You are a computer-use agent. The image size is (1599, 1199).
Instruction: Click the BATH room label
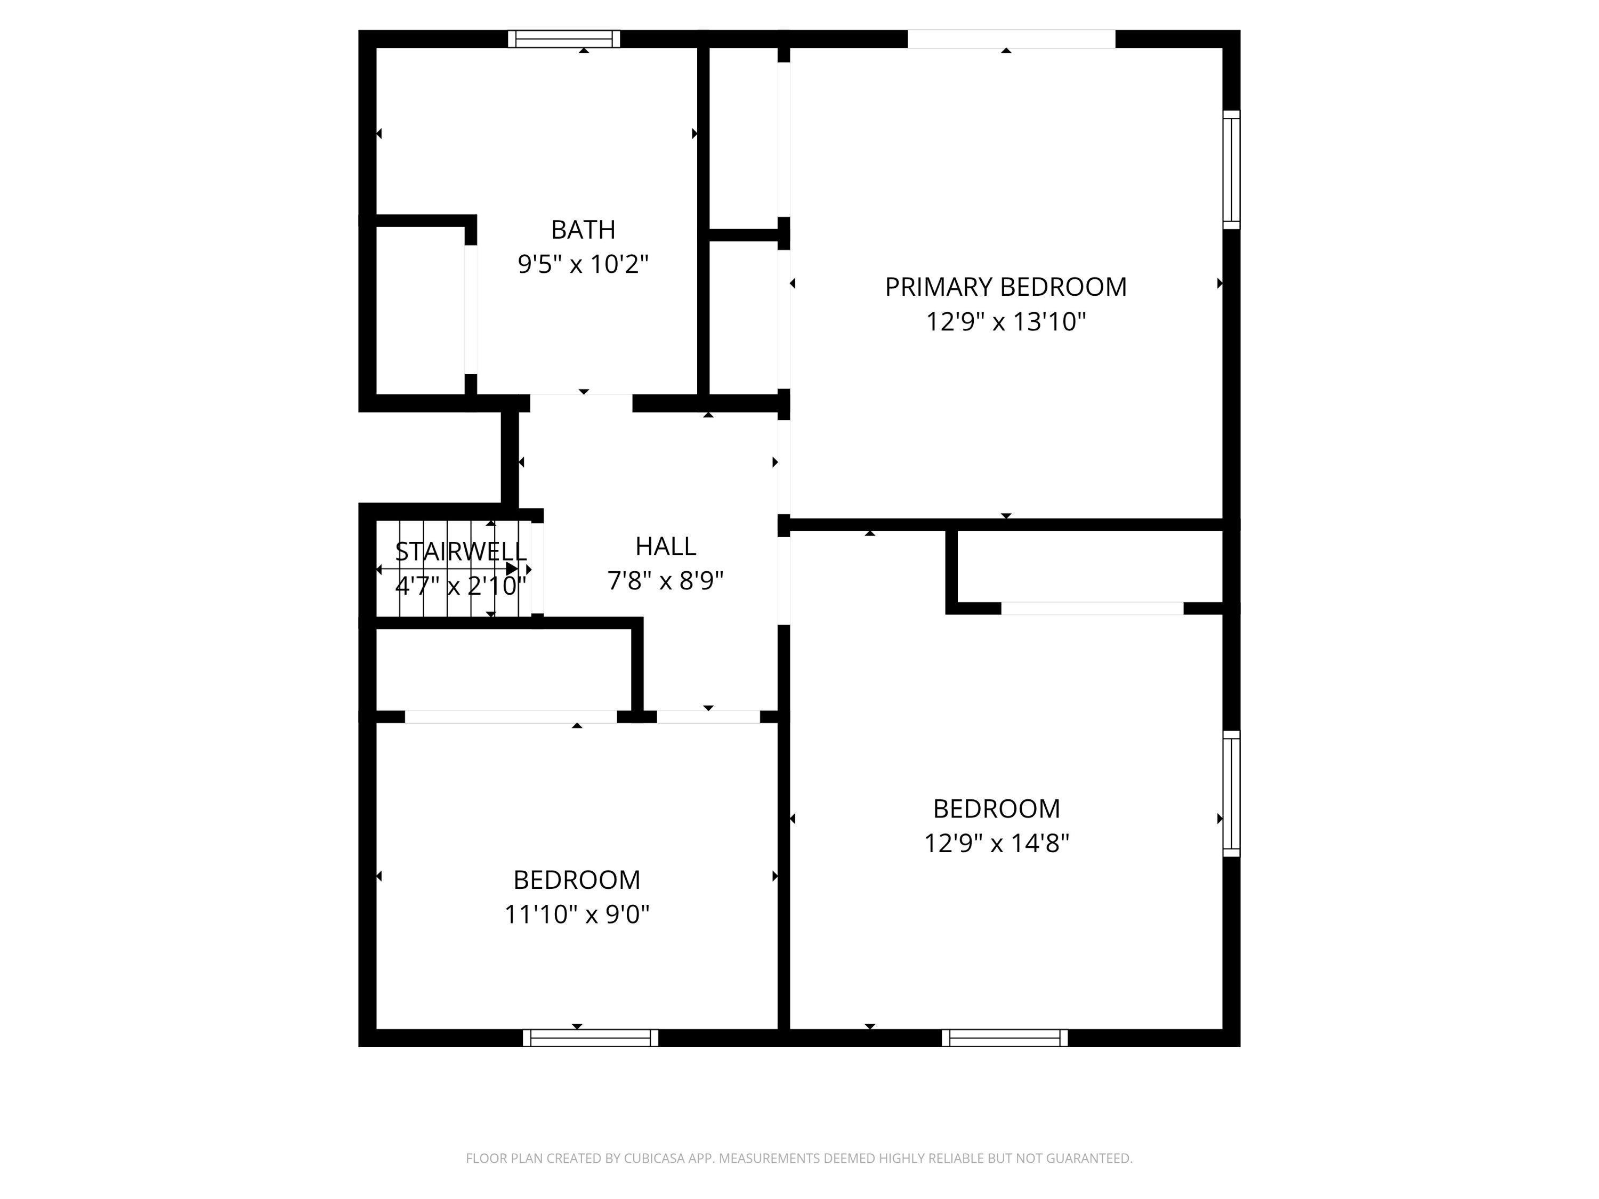(x=583, y=230)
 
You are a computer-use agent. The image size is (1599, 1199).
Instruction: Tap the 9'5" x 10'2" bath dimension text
(x=583, y=264)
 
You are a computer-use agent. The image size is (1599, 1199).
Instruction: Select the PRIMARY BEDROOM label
(x=1006, y=287)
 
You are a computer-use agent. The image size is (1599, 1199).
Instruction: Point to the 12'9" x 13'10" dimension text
(x=1006, y=322)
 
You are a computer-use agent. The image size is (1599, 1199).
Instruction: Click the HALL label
(x=665, y=546)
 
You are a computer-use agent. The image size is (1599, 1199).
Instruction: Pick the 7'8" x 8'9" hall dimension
(x=665, y=581)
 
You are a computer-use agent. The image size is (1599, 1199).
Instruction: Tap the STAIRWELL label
(x=461, y=552)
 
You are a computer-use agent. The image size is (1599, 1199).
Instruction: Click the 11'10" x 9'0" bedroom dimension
(x=576, y=915)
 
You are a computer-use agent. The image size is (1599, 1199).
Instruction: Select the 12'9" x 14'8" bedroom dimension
(x=996, y=844)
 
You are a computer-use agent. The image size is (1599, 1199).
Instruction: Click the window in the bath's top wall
(x=564, y=39)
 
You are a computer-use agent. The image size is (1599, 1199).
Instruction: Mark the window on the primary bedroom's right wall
(x=1231, y=170)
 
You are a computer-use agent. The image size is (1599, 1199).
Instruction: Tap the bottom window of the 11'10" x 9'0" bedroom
(x=591, y=1038)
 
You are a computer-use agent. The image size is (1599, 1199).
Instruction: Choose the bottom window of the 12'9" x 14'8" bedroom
(x=1005, y=1038)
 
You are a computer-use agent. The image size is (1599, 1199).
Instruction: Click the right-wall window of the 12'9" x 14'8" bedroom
(x=1231, y=793)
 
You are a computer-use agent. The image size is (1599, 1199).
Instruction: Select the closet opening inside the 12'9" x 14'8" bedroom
(x=1092, y=609)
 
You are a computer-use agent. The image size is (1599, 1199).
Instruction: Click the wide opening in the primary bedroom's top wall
(x=1011, y=39)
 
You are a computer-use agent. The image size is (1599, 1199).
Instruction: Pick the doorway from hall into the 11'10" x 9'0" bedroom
(x=708, y=717)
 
